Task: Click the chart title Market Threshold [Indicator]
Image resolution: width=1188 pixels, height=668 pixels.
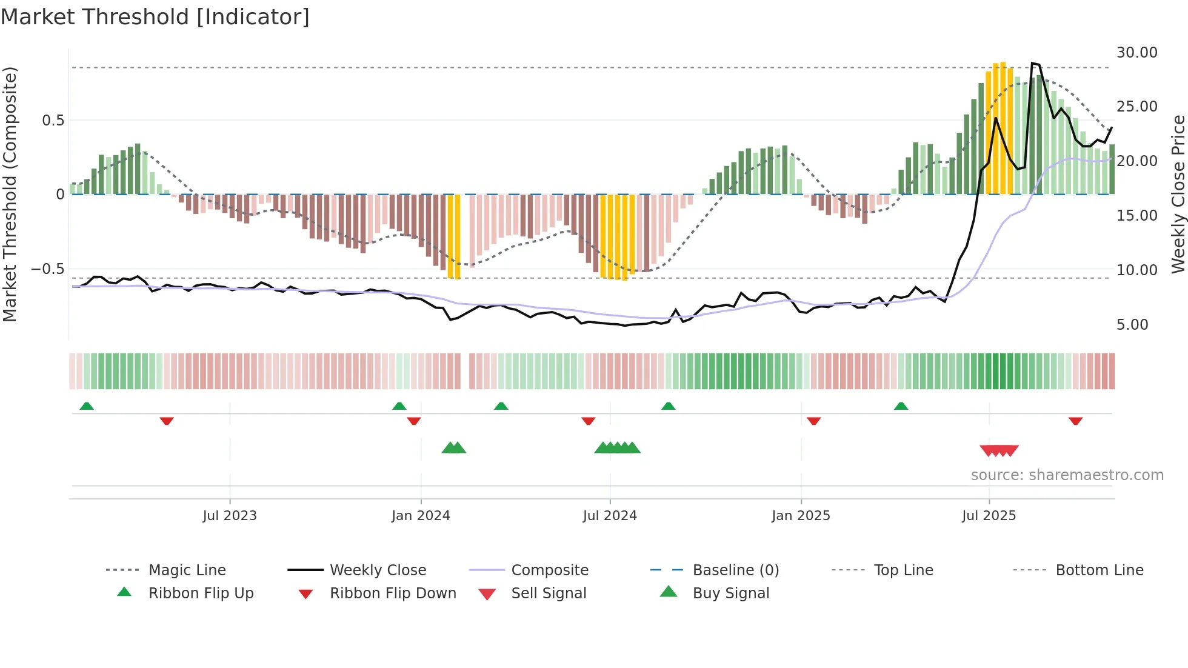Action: click(155, 17)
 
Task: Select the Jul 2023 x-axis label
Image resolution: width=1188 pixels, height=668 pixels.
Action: click(230, 516)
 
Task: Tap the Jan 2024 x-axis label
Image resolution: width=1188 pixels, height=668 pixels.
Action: click(421, 516)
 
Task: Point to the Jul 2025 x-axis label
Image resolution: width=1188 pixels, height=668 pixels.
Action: click(989, 516)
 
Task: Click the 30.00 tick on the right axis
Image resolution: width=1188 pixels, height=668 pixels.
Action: click(1136, 53)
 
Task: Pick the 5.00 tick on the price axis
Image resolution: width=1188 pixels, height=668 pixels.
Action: click(1132, 325)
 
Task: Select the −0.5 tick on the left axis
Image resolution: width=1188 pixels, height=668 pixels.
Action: click(48, 269)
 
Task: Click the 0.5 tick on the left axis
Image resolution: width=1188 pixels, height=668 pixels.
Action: click(53, 121)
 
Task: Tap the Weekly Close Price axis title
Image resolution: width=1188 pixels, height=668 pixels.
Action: click(1178, 194)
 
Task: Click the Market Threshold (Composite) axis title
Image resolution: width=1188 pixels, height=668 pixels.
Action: click(10, 194)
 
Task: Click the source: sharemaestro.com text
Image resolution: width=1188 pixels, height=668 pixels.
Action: click(1067, 475)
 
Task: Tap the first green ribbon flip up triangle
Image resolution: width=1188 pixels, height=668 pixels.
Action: click(87, 406)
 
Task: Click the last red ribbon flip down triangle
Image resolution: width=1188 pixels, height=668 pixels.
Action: click(1075, 421)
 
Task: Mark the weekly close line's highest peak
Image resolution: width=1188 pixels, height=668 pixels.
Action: click(1033, 63)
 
